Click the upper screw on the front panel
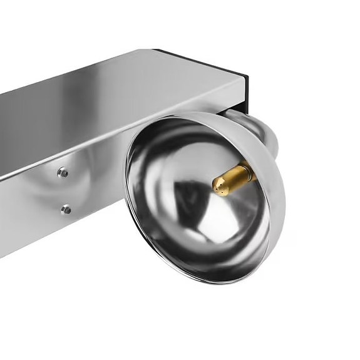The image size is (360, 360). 63,172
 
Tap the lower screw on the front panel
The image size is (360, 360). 66,209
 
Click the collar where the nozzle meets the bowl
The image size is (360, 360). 250,171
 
